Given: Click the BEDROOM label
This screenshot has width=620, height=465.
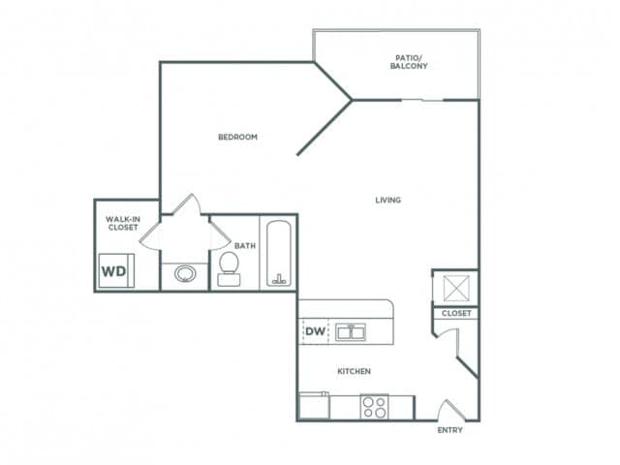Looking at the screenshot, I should pyautogui.click(x=237, y=137).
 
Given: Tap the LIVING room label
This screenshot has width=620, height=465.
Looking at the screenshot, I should pyautogui.click(x=388, y=201).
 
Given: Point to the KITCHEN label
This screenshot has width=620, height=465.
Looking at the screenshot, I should pyautogui.click(x=355, y=371).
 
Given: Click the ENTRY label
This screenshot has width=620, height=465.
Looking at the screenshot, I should pyautogui.click(x=450, y=430).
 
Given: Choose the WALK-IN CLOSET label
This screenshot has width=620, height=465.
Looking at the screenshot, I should pyautogui.click(x=122, y=224).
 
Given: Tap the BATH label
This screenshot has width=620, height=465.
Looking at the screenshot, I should pyautogui.click(x=244, y=246).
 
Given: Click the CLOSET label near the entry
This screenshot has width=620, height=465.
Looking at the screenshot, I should pyautogui.click(x=455, y=314).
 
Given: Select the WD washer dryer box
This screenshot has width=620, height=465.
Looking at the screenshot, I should pyautogui.click(x=114, y=271).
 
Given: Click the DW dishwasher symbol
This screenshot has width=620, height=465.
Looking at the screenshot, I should pyautogui.click(x=315, y=331).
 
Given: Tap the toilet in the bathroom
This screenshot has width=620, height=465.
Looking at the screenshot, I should pyautogui.click(x=230, y=269).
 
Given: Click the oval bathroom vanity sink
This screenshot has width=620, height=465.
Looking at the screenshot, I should pyautogui.click(x=183, y=275).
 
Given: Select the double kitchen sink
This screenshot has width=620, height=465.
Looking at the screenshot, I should pyautogui.click(x=350, y=332).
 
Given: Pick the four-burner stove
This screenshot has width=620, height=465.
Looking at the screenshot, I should pyautogui.click(x=375, y=407).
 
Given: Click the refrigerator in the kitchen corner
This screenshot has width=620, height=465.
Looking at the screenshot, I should pyautogui.click(x=314, y=405).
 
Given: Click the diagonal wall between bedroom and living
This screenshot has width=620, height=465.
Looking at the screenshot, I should pyautogui.click(x=325, y=127).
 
